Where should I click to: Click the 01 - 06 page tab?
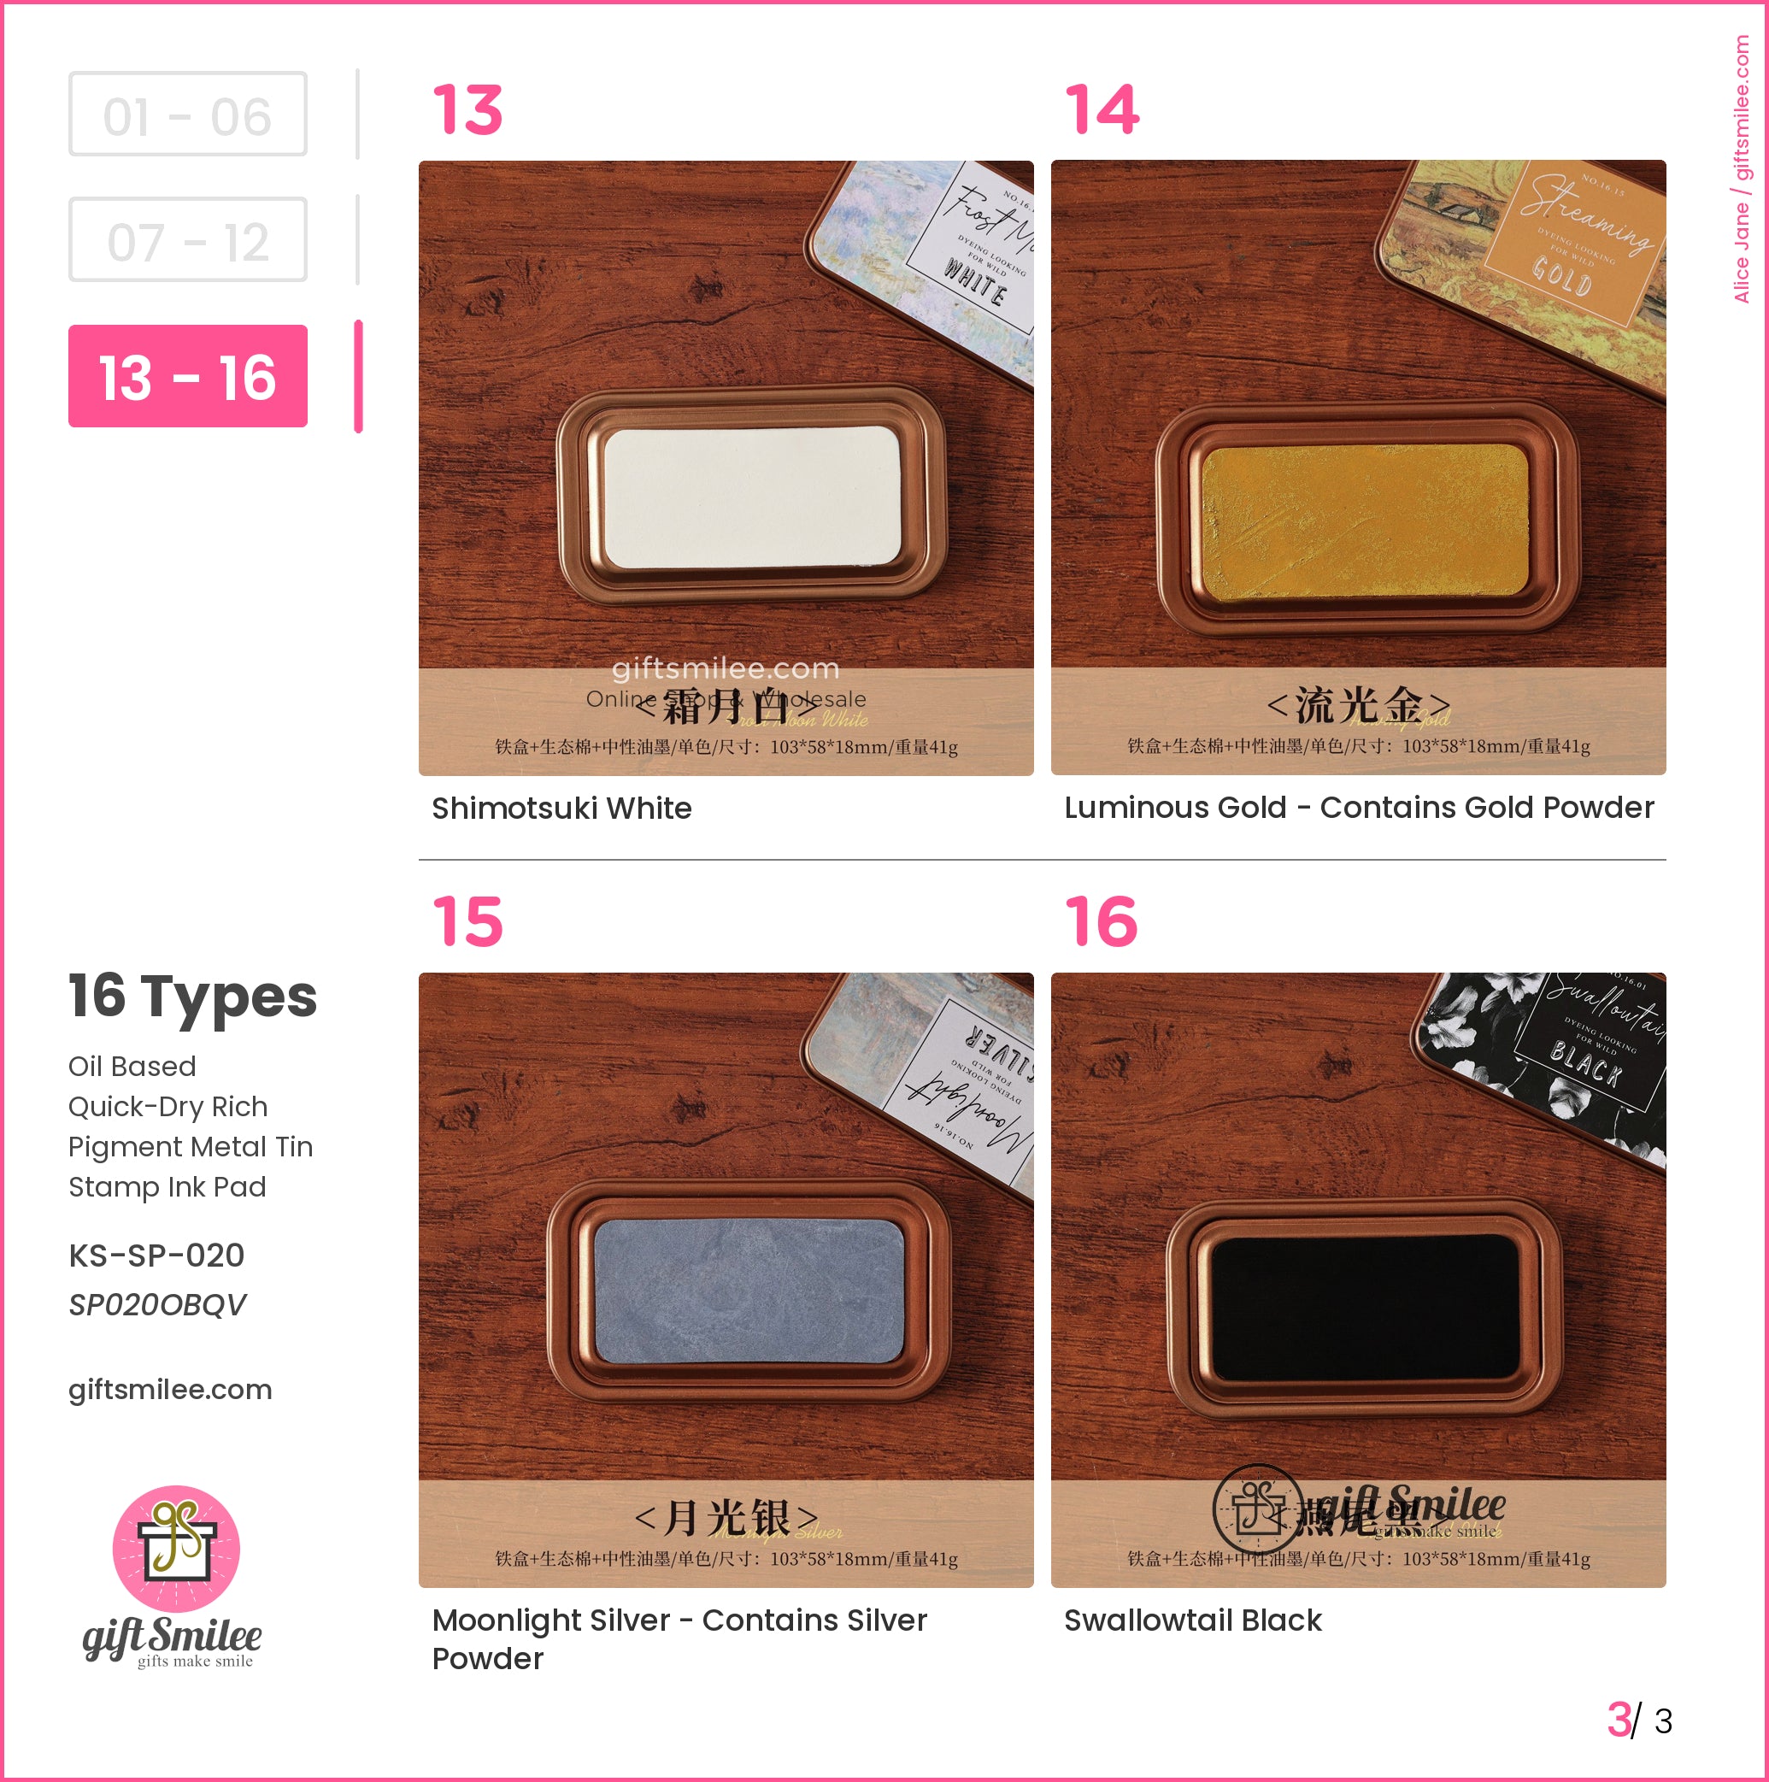pos(187,115)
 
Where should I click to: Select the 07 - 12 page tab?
pos(187,240)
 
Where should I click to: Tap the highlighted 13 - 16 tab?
pos(187,376)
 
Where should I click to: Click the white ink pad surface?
pos(752,497)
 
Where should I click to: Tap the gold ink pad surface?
pos(1365,521)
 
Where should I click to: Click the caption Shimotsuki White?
pos(561,808)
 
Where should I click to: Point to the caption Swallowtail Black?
pos(1192,1620)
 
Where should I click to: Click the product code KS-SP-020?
pos(156,1256)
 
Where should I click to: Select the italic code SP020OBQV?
pos(156,1304)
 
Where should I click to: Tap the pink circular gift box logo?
pos(176,1549)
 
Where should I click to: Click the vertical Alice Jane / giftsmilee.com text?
pos(1742,168)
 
